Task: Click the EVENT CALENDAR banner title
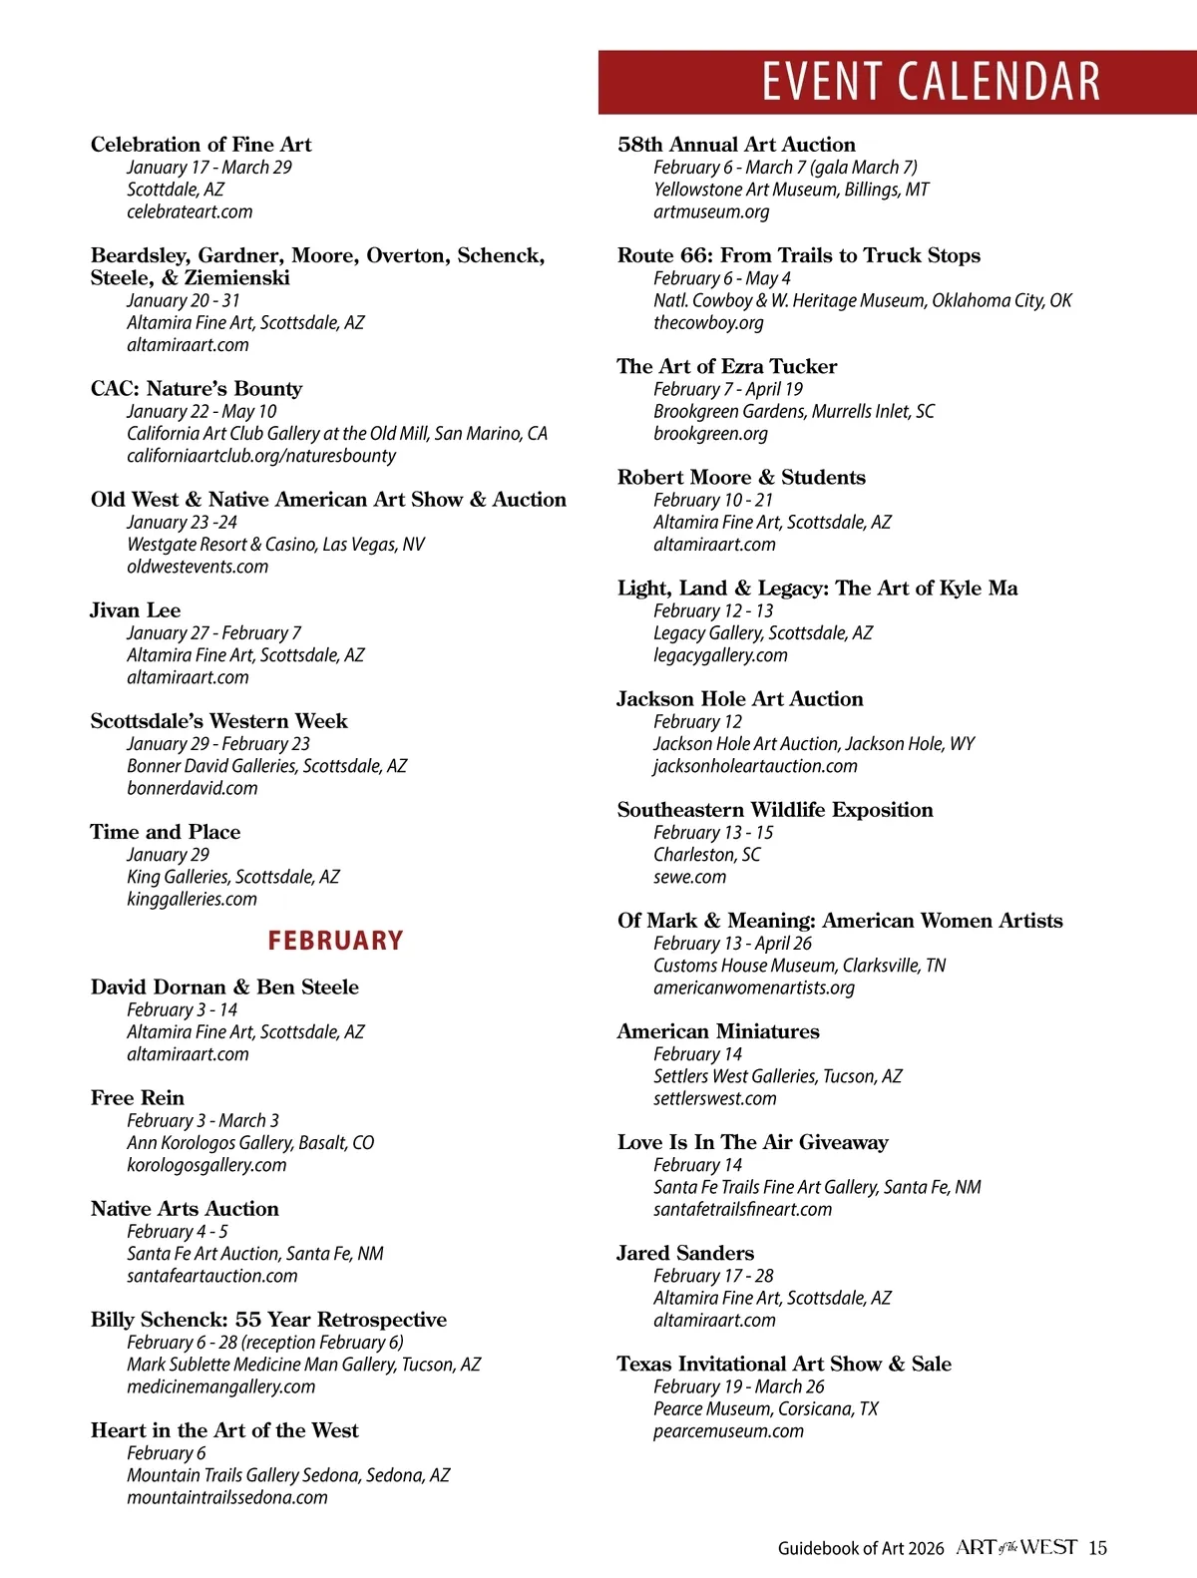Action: pos(931,82)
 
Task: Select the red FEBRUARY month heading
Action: pos(335,941)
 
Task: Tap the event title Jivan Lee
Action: pos(136,610)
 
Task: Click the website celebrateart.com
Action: pos(190,211)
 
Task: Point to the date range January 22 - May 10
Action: pos(201,411)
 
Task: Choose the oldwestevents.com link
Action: pos(198,567)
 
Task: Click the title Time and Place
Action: pos(166,832)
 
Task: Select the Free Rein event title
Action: pos(138,1098)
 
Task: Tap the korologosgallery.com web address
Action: pos(206,1165)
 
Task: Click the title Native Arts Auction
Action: pos(185,1209)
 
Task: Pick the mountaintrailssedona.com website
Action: pos(227,1497)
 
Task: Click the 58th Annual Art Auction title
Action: pos(736,145)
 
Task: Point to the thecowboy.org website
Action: pos(708,322)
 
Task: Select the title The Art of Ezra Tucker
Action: pos(727,366)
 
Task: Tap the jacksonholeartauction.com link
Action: pos(755,766)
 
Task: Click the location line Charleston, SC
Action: pos(706,855)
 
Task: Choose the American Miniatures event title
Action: pos(718,1031)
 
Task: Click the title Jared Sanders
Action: pos(685,1253)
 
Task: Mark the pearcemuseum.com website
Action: pos(728,1431)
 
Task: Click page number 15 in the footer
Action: pos(1097,1548)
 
